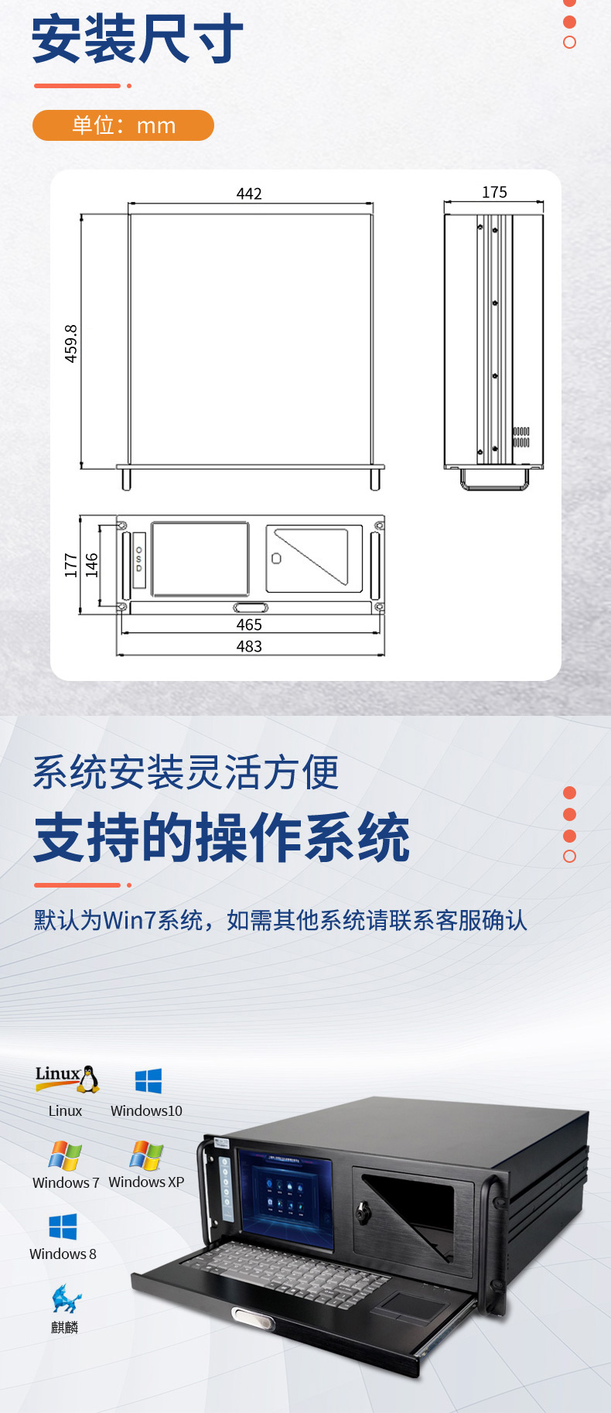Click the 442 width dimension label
249,193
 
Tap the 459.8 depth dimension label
70,344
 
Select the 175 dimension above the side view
494,192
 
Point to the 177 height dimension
70,565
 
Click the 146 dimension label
91,565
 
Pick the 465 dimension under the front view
249,624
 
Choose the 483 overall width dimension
249,646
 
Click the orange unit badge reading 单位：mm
123,125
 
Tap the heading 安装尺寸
138,39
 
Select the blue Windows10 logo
148,1081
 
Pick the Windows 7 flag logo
65,1156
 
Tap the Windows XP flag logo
146,1156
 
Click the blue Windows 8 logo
63,1227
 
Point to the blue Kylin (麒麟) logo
66,1298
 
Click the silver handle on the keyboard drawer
253,1319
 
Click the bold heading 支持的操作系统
222,837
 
